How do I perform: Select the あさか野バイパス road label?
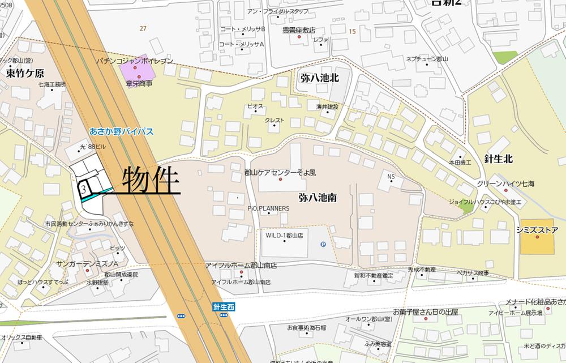tap(121, 131)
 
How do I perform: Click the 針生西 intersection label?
tap(224, 306)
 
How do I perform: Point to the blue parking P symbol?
tap(323, 245)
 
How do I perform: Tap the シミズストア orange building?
tap(537, 237)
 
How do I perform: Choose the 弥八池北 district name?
tap(320, 78)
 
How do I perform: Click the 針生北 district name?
tap(499, 159)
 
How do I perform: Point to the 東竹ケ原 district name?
tap(25, 73)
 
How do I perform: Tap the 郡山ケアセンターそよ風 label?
tap(280, 172)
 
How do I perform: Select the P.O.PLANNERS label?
tap(268, 208)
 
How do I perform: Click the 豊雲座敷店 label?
tap(299, 30)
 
